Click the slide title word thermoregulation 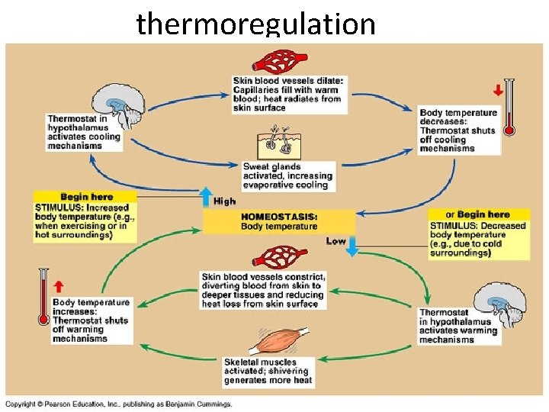click(255, 24)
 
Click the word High click(225, 201)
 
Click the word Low click(335, 241)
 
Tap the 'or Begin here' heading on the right click(477, 214)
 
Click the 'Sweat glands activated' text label click(284, 175)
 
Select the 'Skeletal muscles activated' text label click(266, 371)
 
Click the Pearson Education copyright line click(118, 404)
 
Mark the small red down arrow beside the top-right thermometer click(498, 89)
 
